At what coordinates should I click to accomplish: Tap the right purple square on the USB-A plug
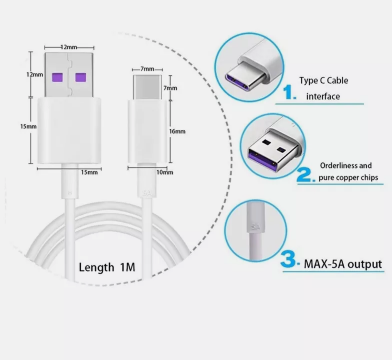click(81, 77)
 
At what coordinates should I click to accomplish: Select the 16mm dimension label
click(177, 131)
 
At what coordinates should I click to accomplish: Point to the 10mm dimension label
click(165, 172)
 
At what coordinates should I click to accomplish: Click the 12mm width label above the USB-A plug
click(69, 47)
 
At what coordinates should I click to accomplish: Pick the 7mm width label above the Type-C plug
click(147, 69)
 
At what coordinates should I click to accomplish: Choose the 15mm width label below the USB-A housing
click(89, 172)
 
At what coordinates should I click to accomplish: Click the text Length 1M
click(107, 267)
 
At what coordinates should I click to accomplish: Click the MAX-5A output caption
click(343, 264)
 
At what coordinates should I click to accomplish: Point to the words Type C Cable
click(323, 81)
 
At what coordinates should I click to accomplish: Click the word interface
click(323, 96)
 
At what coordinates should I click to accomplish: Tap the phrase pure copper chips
click(348, 178)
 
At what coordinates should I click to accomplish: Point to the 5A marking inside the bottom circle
click(255, 227)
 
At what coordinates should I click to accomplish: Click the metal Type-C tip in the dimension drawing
click(147, 87)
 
